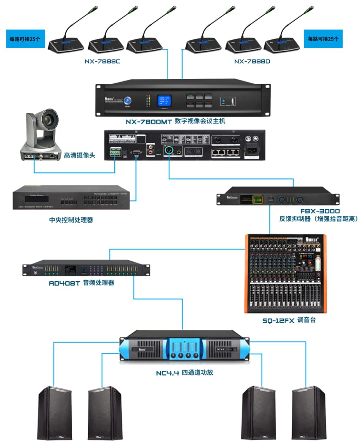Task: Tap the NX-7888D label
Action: coord(252,62)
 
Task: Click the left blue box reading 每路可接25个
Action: coord(25,39)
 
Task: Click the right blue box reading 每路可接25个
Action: coord(323,39)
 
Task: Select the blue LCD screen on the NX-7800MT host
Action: coord(164,100)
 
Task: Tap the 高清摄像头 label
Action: coord(80,156)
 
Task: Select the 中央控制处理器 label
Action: coord(71,220)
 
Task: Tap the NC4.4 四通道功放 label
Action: coord(182,372)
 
